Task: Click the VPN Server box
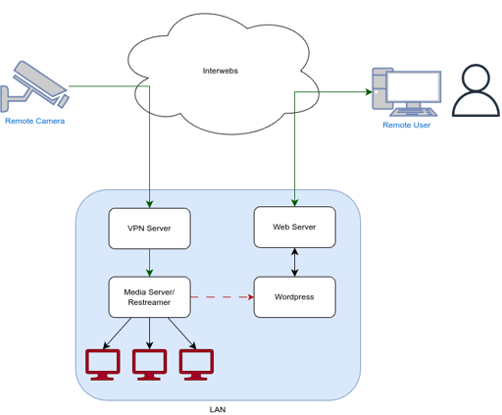tap(150, 229)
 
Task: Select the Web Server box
tap(295, 227)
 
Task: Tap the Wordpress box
tap(295, 297)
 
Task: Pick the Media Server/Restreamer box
tap(150, 297)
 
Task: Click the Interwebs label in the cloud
tap(221, 71)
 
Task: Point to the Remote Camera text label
tap(35, 121)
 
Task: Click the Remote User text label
tap(407, 125)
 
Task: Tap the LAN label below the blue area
tap(218, 409)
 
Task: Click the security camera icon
tap(34, 86)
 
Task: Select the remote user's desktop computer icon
tap(407, 92)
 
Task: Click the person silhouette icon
tap(476, 90)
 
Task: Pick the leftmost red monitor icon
tap(103, 365)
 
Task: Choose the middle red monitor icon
tap(150, 365)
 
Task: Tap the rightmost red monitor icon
tap(196, 365)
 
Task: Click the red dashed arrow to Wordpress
tap(223, 297)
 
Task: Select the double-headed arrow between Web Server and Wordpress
tap(295, 262)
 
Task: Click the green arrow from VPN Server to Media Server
tap(150, 263)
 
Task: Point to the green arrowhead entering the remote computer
tap(369, 92)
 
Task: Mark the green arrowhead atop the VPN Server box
tap(150, 204)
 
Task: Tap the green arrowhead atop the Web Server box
tap(295, 202)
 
